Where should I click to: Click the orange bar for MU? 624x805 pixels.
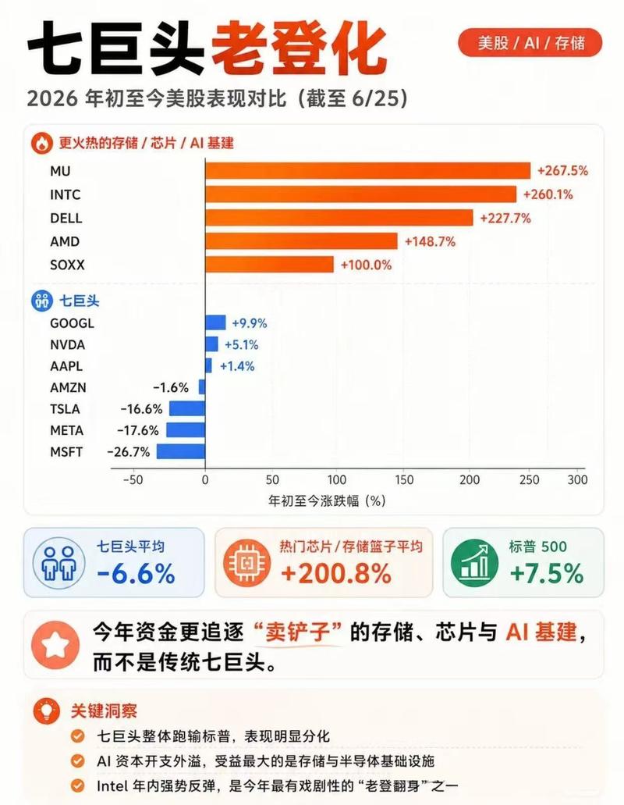[367, 170]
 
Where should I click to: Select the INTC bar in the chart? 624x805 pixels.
[361, 194]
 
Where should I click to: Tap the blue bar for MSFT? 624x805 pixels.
[180, 452]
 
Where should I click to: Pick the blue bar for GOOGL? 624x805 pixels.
[215, 322]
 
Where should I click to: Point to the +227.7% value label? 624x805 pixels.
[505, 218]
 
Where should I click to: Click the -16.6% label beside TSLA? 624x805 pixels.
[141, 408]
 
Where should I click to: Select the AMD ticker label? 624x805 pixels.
[65, 241]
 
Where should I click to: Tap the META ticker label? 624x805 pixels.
[66, 430]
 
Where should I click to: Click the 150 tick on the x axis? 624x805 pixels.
[404, 479]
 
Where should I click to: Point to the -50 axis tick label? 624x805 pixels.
[133, 479]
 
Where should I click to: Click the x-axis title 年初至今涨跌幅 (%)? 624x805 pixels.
[327, 500]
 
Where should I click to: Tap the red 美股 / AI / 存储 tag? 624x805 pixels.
[530, 42]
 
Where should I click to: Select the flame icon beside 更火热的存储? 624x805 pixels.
[41, 143]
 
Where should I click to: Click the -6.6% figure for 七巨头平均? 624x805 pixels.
[136, 573]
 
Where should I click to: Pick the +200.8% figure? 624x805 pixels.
[336, 573]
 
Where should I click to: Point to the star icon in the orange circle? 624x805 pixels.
[55, 645]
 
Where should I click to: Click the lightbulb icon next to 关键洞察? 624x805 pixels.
[47, 711]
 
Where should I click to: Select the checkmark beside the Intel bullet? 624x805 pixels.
[77, 785]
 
